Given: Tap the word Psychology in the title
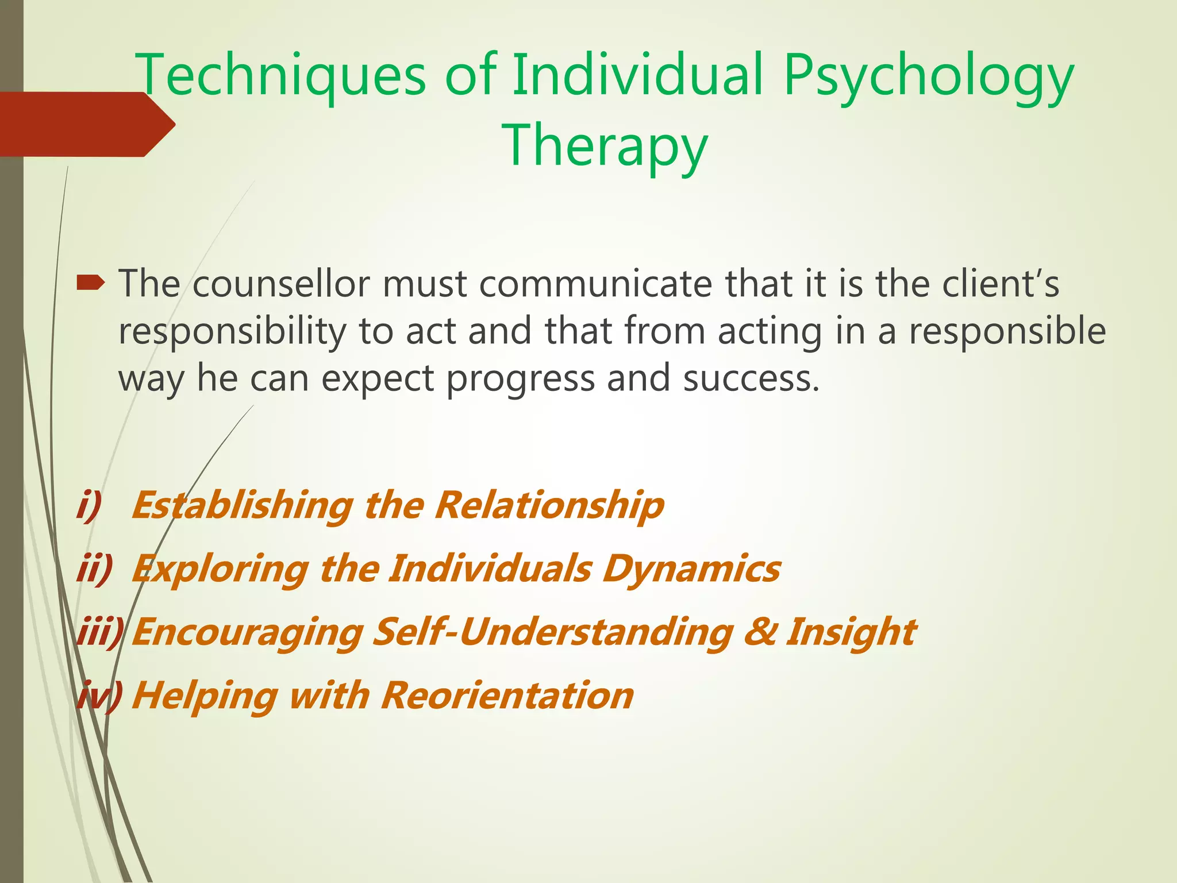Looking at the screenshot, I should click(x=928, y=75).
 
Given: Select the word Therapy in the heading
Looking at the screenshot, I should click(x=605, y=145).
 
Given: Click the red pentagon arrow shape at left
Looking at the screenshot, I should click(x=86, y=124).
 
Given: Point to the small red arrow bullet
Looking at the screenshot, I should click(x=91, y=282).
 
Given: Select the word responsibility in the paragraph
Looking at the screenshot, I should click(x=231, y=332).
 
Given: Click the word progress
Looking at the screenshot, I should click(x=520, y=379).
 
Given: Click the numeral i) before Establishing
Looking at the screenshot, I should click(x=89, y=505).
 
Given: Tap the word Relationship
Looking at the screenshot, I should click(x=549, y=505).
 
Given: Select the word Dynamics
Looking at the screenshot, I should click(x=691, y=569).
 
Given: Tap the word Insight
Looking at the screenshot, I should click(x=850, y=631).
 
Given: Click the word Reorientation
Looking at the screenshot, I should click(x=507, y=695).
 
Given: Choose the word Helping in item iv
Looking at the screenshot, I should click(x=203, y=695).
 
